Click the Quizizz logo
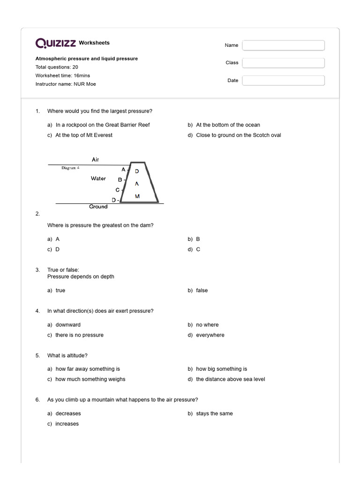(x=56, y=43)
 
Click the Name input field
(x=283, y=45)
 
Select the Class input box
(x=283, y=63)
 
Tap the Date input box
(x=283, y=81)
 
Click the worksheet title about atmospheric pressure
(x=87, y=59)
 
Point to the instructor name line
(x=66, y=84)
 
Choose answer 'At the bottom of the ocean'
(x=228, y=125)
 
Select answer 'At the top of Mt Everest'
(x=84, y=135)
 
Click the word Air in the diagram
(x=96, y=160)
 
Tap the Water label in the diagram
(x=98, y=179)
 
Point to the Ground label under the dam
(x=98, y=207)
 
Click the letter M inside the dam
(x=137, y=196)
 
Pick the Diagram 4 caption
(x=71, y=167)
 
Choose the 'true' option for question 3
(x=60, y=291)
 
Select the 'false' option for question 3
(x=202, y=291)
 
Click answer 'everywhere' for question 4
(x=210, y=335)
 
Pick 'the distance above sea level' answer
(x=230, y=379)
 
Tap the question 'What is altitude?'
(x=71, y=355)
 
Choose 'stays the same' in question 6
(x=214, y=413)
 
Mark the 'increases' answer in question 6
(x=67, y=424)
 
